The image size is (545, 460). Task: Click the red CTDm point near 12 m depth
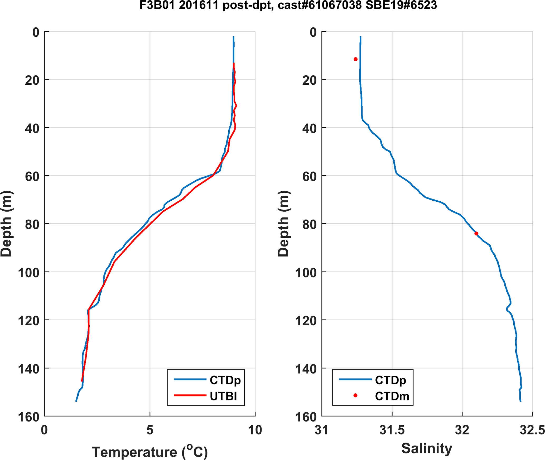[355, 59]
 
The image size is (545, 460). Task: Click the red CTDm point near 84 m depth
[476, 234]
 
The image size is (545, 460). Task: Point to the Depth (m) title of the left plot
[6, 224]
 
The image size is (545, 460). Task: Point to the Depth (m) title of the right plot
[283, 224]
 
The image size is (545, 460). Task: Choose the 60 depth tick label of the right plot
[310, 176]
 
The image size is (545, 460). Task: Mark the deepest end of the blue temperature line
[76, 401]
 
